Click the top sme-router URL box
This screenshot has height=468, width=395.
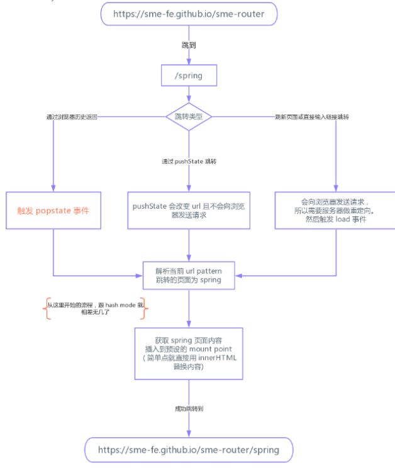click(189, 13)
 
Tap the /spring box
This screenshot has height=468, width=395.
click(189, 77)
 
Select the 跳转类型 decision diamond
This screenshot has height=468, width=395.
click(189, 116)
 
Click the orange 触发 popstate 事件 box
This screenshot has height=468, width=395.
click(53, 210)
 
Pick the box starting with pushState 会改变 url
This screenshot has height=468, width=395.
click(189, 210)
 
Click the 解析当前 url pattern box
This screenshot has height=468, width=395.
click(189, 276)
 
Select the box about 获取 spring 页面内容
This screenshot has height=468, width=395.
click(189, 352)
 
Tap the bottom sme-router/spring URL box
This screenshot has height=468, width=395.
click(189, 450)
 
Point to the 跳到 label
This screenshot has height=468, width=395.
click(189, 46)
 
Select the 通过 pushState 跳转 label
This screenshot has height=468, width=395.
click(189, 162)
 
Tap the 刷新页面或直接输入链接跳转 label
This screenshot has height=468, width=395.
click(312, 117)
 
